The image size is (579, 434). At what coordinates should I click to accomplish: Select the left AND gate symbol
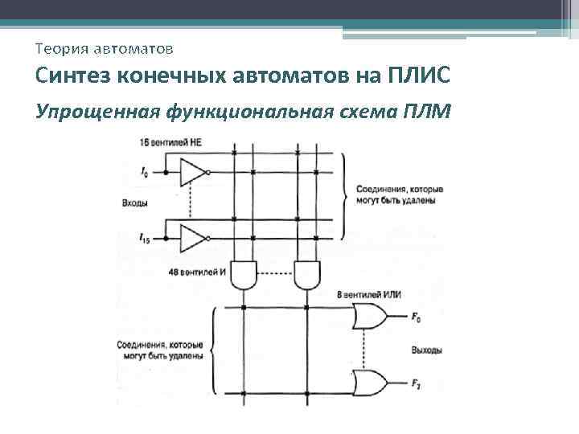[x=243, y=275]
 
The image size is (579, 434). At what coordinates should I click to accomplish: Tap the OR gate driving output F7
[x=369, y=381]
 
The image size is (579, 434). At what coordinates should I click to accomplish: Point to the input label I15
[x=145, y=239]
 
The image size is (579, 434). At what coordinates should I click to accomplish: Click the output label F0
[x=416, y=319]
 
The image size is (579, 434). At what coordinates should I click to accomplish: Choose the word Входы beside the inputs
[x=133, y=203]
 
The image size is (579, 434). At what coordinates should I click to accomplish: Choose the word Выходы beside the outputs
[x=426, y=350]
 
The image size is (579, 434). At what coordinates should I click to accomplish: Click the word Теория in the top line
[x=63, y=50]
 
